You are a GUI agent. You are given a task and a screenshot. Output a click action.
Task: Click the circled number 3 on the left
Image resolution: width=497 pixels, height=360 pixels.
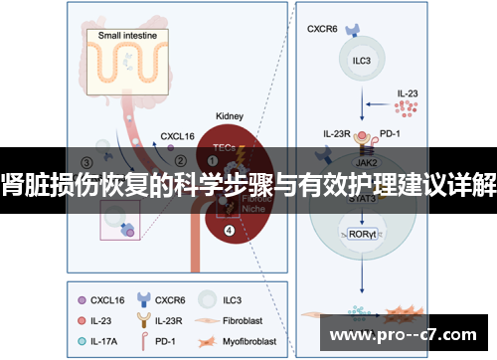pos(87,162)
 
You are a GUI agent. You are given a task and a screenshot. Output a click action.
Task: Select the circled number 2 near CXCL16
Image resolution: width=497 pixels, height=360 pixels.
pos(180,156)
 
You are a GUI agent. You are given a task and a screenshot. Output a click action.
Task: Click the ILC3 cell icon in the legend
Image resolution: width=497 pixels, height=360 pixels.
pos(208,297)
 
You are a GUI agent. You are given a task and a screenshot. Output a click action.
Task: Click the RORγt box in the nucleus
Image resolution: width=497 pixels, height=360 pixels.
pos(362,236)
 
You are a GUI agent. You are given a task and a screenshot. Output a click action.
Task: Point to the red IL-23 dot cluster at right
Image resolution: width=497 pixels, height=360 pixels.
pos(408,107)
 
